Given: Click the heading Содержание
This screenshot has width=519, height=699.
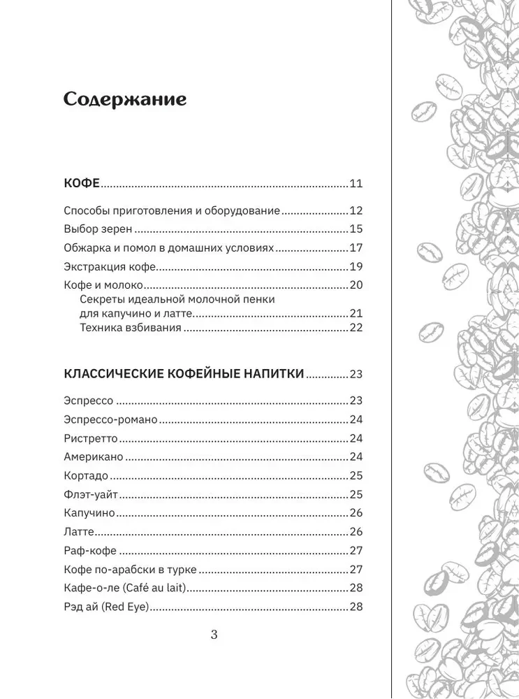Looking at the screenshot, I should pos(125,99).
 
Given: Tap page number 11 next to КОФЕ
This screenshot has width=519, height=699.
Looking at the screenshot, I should pos(356,185).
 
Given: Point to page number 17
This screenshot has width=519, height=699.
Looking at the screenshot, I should pos(356,247).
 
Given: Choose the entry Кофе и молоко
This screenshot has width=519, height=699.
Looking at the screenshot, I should pos(103,285).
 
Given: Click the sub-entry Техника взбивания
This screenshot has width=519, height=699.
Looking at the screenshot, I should pos(131,327).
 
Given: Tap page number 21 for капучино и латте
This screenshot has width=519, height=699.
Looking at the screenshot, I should pos(356,313).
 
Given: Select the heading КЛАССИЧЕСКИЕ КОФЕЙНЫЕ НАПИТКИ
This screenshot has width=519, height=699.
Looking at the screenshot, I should pos(184,374).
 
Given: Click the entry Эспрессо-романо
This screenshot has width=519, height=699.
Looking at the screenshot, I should pos(110,419).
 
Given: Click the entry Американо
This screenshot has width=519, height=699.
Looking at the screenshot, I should pos(94,457).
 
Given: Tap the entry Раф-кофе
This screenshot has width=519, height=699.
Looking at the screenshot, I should pos(89,550).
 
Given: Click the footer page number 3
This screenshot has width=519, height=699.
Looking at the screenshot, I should pos(214,635).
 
